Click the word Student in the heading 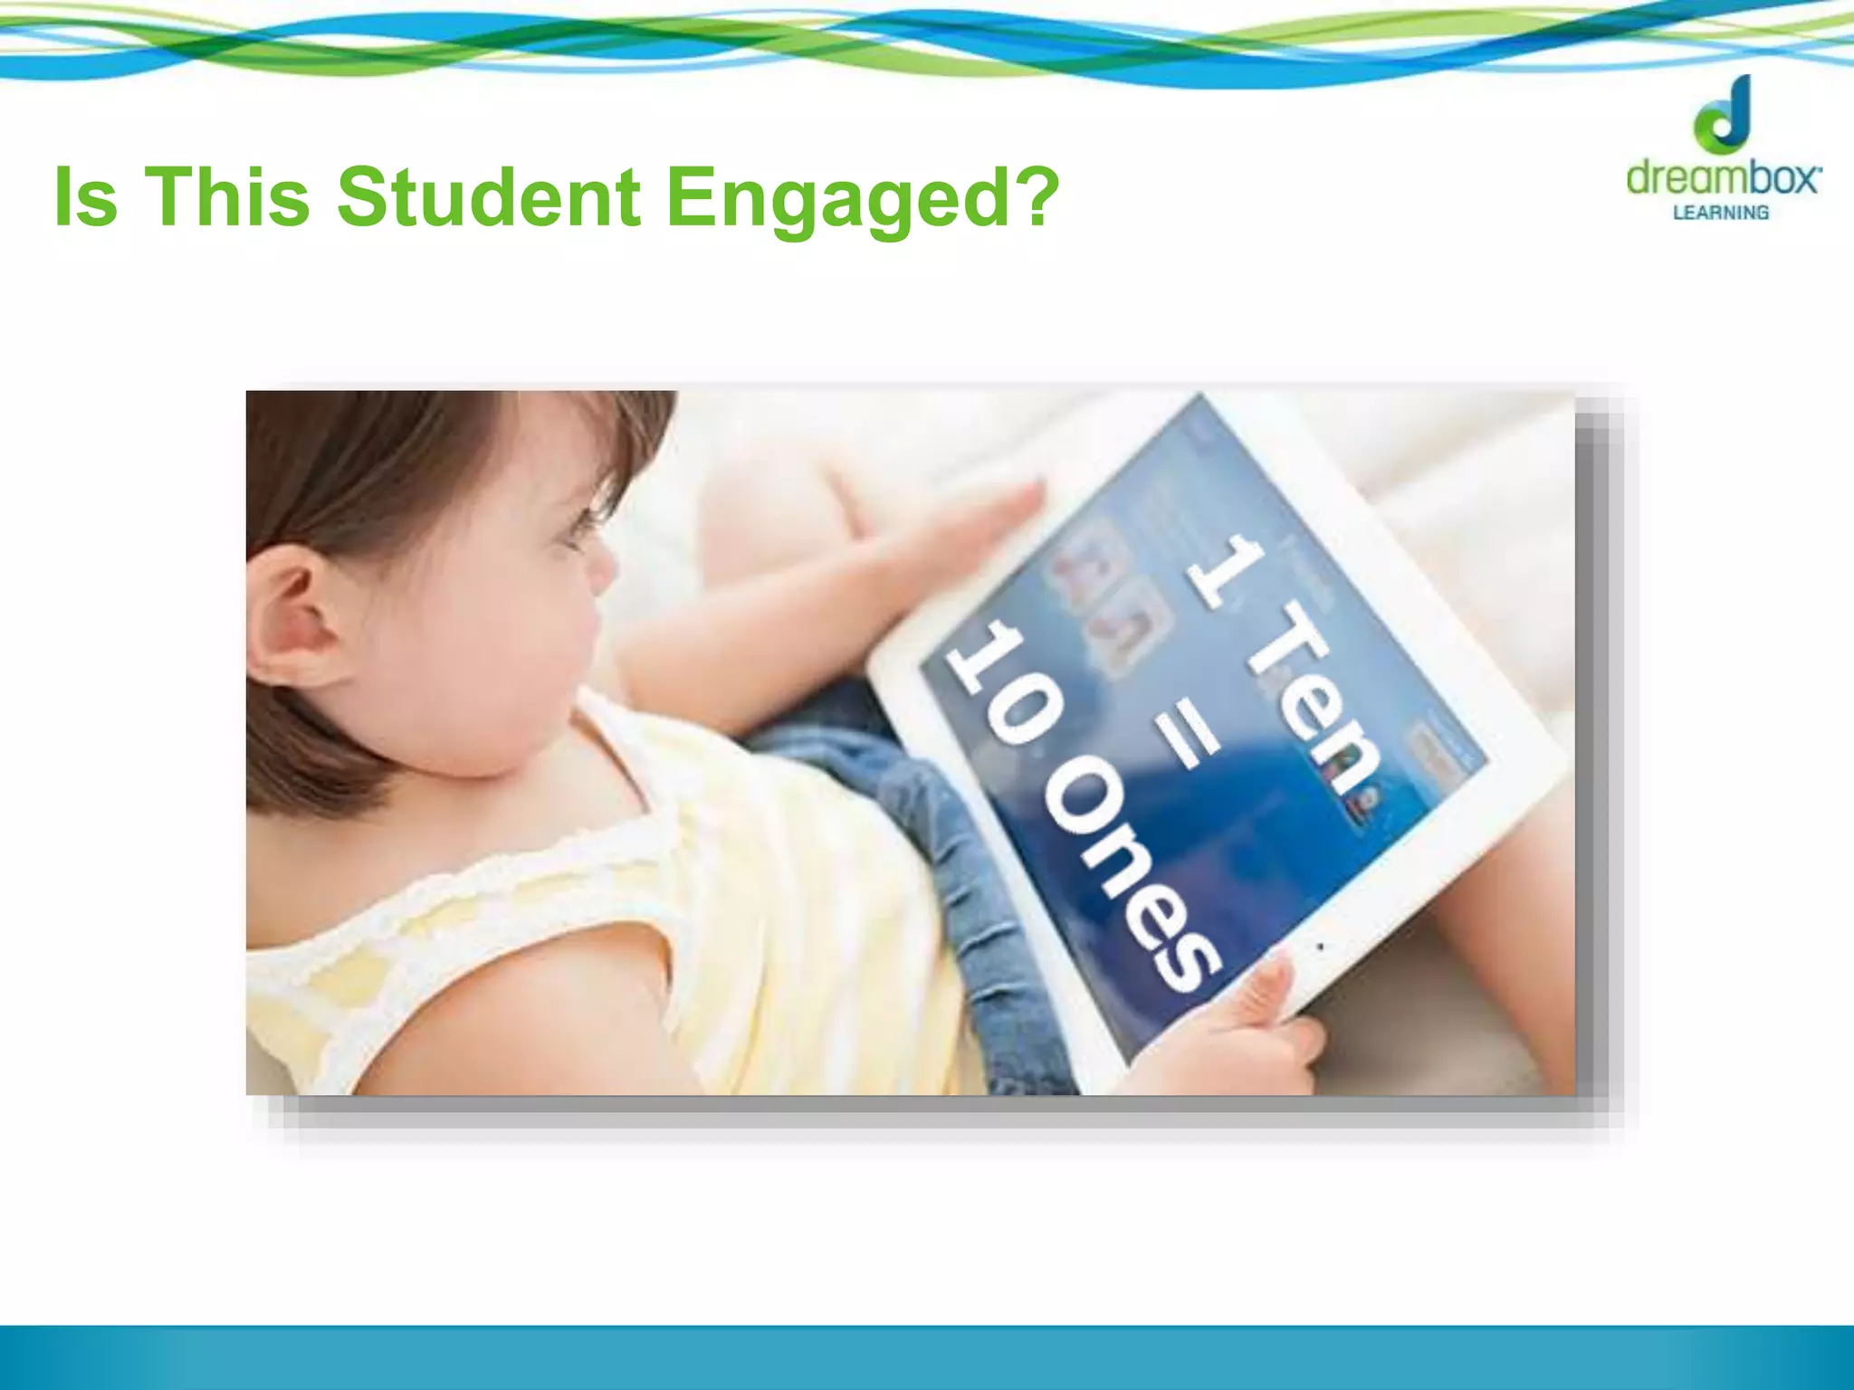[489, 197]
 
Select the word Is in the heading [86, 197]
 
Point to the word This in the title [227, 197]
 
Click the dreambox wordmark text [1723, 177]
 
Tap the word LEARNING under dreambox [1720, 213]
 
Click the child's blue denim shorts [914, 814]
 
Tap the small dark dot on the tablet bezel [1320, 947]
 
